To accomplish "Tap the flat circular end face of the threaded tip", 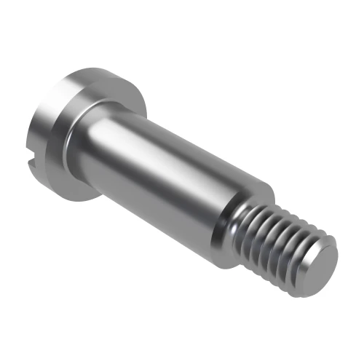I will [x=320, y=261].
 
